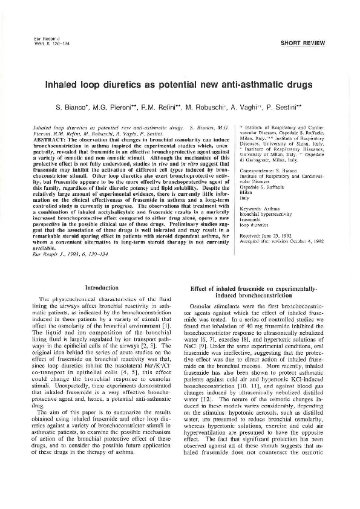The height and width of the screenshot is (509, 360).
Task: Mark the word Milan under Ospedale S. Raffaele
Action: point(246,193)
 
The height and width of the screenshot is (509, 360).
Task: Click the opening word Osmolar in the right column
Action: point(200,307)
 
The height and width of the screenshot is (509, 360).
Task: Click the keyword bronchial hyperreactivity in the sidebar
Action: point(266,213)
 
